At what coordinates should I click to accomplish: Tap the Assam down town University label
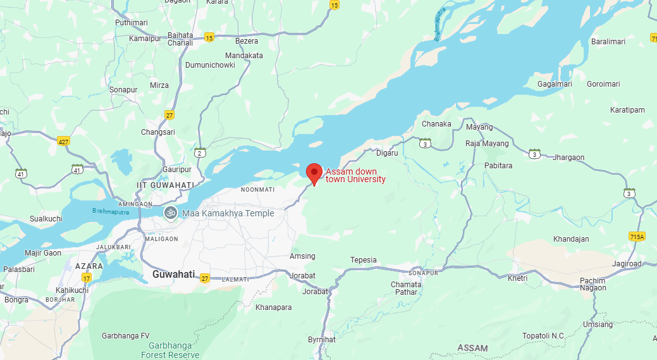coord(355,175)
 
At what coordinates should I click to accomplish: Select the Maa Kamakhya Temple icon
coord(170,213)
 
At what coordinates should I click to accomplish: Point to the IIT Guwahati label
coord(166,184)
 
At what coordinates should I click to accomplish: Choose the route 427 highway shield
coord(63,140)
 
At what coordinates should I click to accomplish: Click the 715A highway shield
coord(637,236)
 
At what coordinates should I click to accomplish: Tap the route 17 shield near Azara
coord(87,278)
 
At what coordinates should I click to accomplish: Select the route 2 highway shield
coord(200,152)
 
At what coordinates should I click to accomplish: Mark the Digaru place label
coord(387,153)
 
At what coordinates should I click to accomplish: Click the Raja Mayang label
coord(487,144)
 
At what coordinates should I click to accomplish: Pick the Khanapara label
coord(273,307)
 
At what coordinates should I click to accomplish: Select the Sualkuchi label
coord(46,219)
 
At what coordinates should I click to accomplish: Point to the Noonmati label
coord(258,189)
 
